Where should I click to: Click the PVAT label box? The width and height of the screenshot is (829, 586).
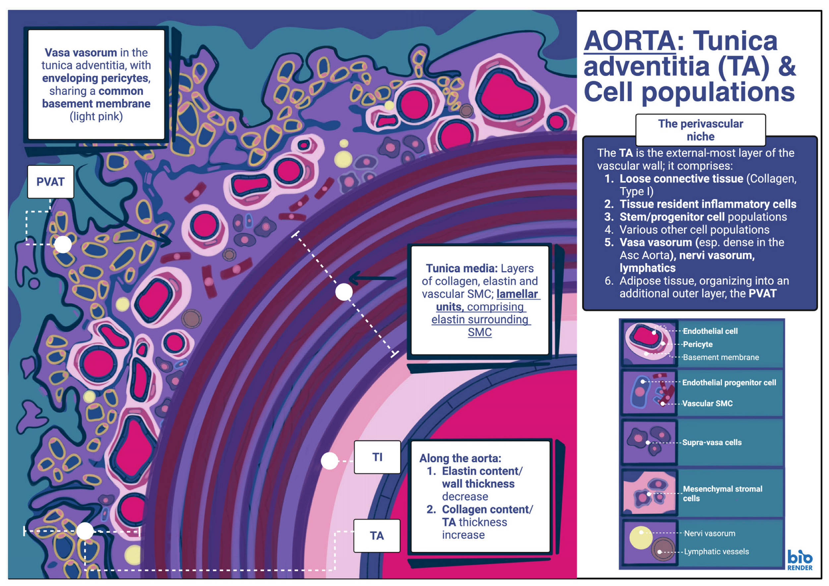click(x=50, y=182)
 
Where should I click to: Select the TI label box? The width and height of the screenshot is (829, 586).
click(x=377, y=457)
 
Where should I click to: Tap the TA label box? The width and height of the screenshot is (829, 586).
click(x=377, y=535)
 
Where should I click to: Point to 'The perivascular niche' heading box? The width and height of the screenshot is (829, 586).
click(x=700, y=130)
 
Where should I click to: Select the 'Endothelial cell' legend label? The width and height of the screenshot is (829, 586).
click(x=710, y=331)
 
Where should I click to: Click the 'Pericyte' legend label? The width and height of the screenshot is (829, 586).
click(x=697, y=344)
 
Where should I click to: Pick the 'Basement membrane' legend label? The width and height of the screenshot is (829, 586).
click(x=721, y=357)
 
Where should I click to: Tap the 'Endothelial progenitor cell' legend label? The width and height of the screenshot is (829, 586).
click(x=729, y=383)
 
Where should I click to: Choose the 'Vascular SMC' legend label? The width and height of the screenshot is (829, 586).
click(x=707, y=404)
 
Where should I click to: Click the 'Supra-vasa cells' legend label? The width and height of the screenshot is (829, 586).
click(x=712, y=443)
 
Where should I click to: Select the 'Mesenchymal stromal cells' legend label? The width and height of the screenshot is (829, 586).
click(x=723, y=493)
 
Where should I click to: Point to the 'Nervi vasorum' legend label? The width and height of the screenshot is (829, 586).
click(x=709, y=533)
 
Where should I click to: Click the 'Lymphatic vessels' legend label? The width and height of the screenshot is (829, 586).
click(x=716, y=552)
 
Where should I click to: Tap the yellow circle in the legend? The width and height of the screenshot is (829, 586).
click(x=641, y=537)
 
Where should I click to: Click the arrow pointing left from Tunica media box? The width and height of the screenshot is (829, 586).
click(x=372, y=278)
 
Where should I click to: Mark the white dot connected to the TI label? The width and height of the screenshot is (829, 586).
click(x=329, y=461)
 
